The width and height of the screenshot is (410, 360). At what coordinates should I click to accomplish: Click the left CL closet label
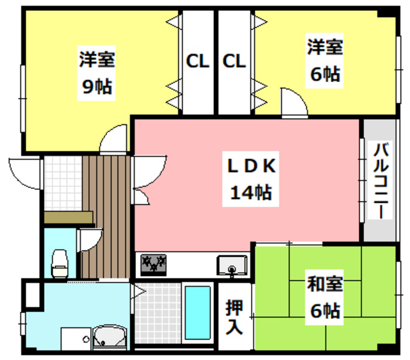tap(197, 62)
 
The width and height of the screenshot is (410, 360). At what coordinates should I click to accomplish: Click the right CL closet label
tap(234, 62)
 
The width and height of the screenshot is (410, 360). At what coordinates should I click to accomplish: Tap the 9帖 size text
tap(97, 86)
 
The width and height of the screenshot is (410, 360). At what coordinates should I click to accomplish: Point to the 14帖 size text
tap(250, 192)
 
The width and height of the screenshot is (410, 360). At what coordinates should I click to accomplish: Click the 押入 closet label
tap(234, 317)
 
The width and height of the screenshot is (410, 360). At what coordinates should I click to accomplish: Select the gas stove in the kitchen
tap(154, 263)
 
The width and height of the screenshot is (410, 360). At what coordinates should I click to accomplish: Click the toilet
tap(60, 261)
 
